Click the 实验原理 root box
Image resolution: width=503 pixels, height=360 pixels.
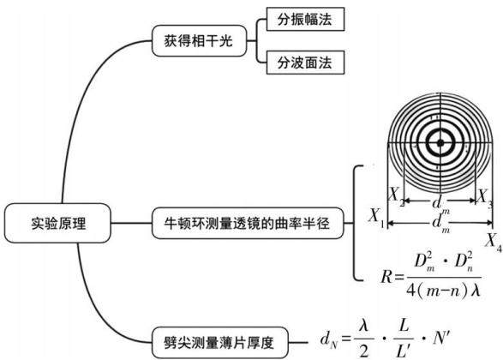pos(57,223)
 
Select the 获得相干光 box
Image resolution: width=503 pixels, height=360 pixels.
pos(199,41)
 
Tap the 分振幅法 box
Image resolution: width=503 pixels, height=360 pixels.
pos(305,19)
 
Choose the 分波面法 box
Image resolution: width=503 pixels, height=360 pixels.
pos(305,63)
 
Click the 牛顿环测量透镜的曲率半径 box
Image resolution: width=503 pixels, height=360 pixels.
pos(248,223)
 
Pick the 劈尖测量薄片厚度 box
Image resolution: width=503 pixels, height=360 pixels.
pos(219,343)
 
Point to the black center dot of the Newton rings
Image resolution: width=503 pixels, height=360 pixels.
pos(440,143)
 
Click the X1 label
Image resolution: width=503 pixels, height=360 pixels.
pos(376,217)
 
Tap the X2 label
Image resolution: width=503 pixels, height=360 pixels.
pos(397,196)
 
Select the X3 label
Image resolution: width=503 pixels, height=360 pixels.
pos(484,198)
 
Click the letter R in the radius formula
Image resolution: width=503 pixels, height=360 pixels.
pos(386,277)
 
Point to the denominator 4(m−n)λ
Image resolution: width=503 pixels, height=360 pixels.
pos(443,291)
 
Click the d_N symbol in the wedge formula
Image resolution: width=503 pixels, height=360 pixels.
pos(329,339)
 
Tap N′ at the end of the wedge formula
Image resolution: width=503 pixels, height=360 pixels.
pos(441,339)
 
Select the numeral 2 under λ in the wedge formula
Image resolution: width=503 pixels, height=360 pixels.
pos(364,351)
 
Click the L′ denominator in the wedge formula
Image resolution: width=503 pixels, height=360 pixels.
pos(404,351)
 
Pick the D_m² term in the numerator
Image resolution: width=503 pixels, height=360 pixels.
pos(423,261)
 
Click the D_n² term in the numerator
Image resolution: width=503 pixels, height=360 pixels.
pos(464,261)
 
